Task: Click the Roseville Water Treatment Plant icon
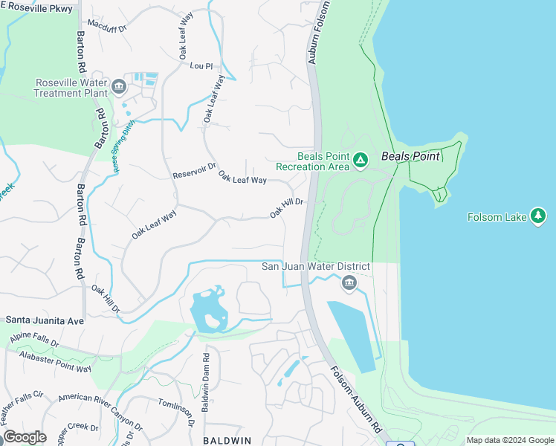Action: point(118,88)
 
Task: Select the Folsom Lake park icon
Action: point(539,216)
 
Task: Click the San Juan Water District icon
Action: point(349,283)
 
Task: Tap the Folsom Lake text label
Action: point(497,217)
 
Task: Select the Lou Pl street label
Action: point(201,66)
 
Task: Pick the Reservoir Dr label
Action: point(194,171)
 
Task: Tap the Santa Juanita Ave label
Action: point(45,320)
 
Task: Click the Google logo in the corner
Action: point(25,437)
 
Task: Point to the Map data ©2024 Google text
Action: point(509,440)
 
